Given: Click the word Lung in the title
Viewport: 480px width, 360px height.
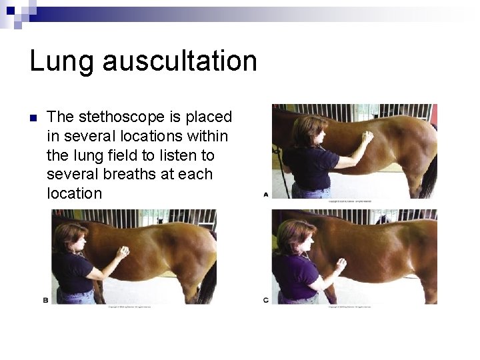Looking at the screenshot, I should pyautogui.click(x=64, y=61).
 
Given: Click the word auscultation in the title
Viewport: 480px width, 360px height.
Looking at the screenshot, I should pyautogui.click(x=181, y=61).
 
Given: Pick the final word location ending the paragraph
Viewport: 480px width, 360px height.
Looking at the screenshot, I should pyautogui.click(x=75, y=194).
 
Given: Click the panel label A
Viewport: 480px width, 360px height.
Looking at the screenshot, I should pyautogui.click(x=266, y=195).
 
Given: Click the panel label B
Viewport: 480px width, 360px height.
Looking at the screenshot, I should pyautogui.click(x=46, y=301).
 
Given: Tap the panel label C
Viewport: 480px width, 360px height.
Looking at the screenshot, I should pyautogui.click(x=266, y=301).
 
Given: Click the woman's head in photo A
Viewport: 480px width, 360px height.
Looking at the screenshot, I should pyautogui.click(x=308, y=130).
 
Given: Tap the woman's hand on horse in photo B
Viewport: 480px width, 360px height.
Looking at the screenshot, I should pyautogui.click(x=122, y=252).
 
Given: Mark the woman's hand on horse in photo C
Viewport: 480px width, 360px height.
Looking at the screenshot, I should pyautogui.click(x=341, y=265).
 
